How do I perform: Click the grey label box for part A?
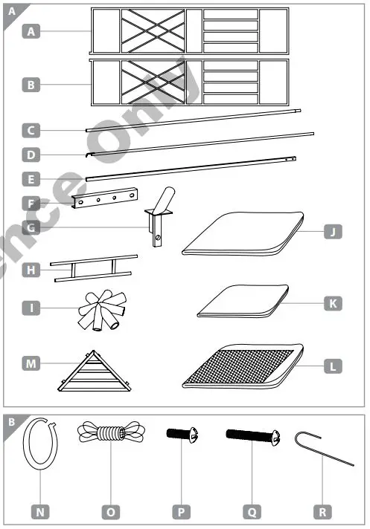point(31,31)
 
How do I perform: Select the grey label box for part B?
point(31,85)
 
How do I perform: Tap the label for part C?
point(31,132)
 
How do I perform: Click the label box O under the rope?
point(110,511)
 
